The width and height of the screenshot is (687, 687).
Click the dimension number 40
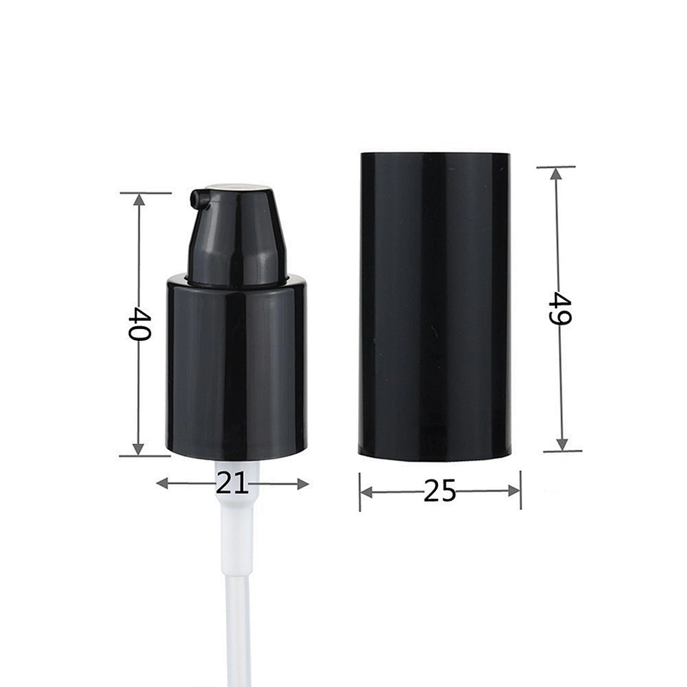tap(140, 324)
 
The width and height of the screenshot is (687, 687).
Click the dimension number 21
tap(233, 484)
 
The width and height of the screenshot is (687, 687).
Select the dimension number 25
tap(440, 491)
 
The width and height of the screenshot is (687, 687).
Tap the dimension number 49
tap(560, 308)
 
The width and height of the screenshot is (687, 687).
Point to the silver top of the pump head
tap(237, 188)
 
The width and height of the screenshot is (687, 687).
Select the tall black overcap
tap(435, 307)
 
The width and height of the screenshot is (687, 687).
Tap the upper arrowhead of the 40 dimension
tap(139, 200)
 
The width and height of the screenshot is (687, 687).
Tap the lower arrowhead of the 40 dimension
tap(138, 449)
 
